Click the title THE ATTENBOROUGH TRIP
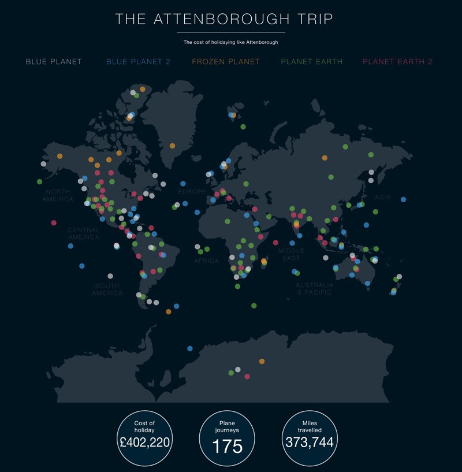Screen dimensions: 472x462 (x=224, y=18)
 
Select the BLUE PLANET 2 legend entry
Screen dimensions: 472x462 (x=138, y=62)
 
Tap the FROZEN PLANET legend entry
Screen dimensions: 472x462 (x=226, y=62)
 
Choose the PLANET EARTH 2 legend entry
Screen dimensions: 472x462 (x=397, y=62)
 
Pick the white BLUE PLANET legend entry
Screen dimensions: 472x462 (x=54, y=62)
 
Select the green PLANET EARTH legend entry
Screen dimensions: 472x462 (x=311, y=62)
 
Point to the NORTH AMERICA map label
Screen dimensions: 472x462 (x=58, y=195)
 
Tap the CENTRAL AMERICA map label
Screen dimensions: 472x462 (x=84, y=233)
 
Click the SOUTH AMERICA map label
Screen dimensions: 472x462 (x=107, y=289)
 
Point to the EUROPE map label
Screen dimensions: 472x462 (x=192, y=191)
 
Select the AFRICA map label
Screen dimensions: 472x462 (x=206, y=261)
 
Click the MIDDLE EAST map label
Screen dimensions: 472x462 (x=291, y=254)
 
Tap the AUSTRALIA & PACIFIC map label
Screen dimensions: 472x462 (x=314, y=288)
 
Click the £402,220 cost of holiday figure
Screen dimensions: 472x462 (x=144, y=443)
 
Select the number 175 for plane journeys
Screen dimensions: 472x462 (x=227, y=446)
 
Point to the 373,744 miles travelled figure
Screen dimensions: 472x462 (x=310, y=442)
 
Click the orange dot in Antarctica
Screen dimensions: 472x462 (x=262, y=361)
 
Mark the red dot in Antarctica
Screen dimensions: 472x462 (x=247, y=376)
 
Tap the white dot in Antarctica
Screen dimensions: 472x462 (x=237, y=369)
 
